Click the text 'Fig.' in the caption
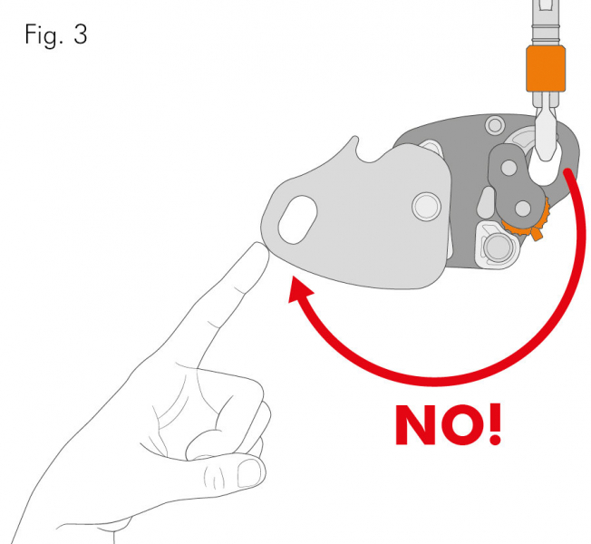pos(44,34)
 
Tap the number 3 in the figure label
pos(81,34)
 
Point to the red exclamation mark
pos(495,424)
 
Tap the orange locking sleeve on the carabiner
pos(546,69)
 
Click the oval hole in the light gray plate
pos(297,219)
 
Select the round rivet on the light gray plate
pos(426,206)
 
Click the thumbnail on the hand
pos(249,473)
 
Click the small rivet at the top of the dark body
pos(495,125)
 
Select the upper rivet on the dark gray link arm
pos(509,168)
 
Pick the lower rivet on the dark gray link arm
pos(523,209)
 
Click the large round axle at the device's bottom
pos(497,247)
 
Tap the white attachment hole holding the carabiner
pos(544,166)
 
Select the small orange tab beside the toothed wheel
pos(537,234)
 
